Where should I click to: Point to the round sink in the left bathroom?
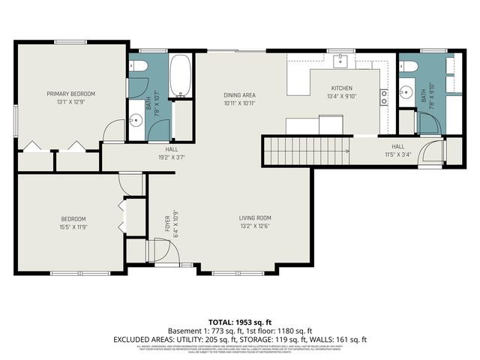136,118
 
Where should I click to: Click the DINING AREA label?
241,94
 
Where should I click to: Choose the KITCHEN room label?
342,88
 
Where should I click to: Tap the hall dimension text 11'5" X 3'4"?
397,155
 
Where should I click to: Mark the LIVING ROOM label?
254,217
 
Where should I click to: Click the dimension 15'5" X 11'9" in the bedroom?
73,226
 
